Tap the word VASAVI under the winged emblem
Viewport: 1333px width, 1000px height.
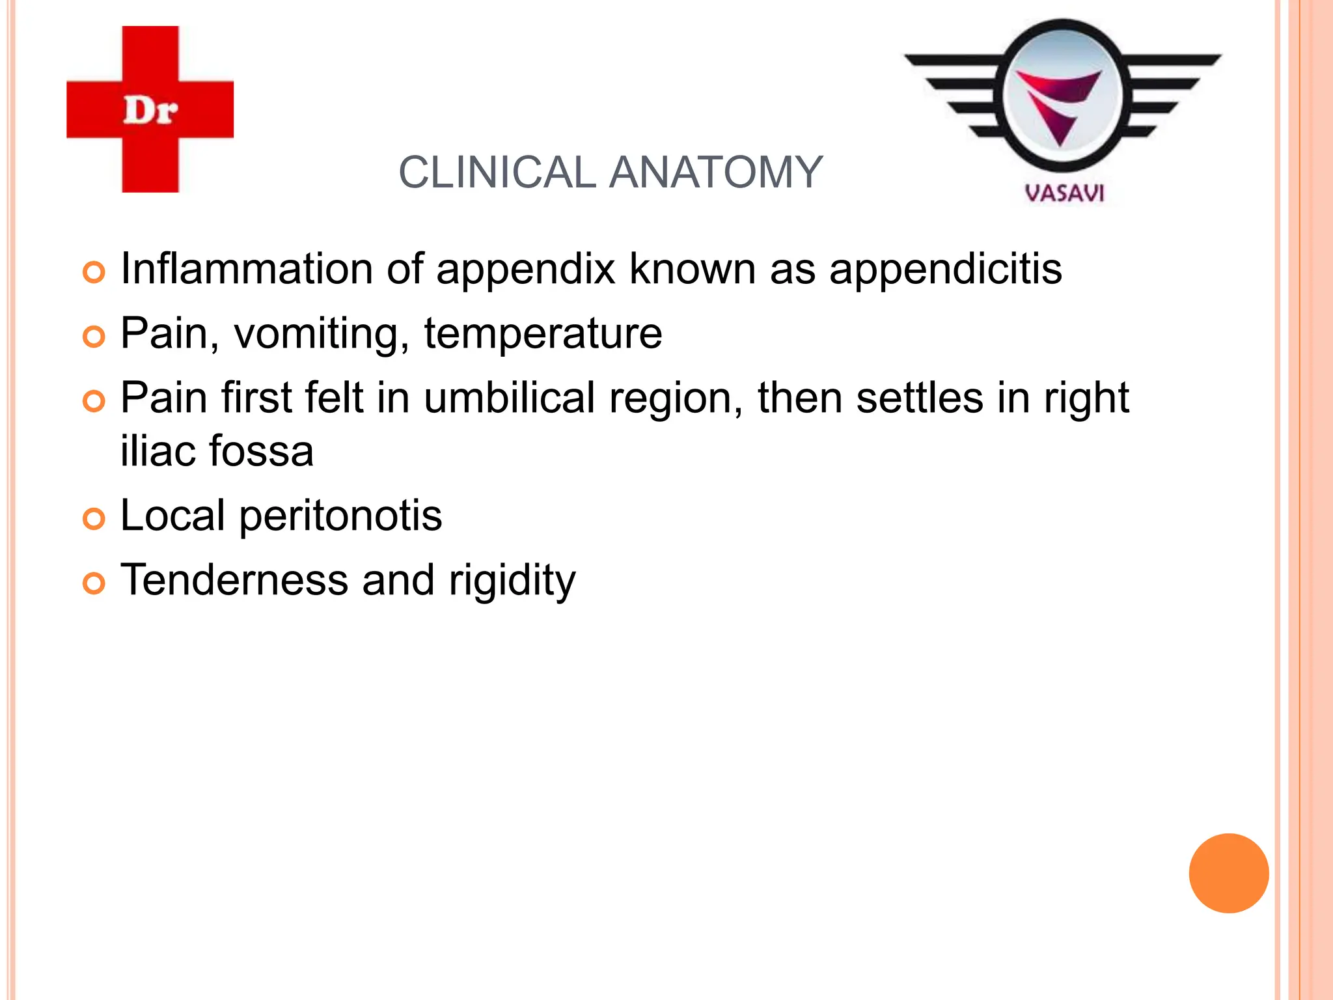(1064, 193)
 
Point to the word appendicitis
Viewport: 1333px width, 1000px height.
(945, 268)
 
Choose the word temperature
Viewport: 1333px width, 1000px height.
(543, 333)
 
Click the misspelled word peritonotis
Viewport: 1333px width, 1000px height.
(340, 515)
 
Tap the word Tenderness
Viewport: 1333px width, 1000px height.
(234, 579)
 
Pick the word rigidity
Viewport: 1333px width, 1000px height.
(512, 581)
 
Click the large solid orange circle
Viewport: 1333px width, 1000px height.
(1228, 873)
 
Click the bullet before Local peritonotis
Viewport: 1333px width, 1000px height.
(94, 519)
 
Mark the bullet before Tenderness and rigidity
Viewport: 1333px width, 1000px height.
(94, 583)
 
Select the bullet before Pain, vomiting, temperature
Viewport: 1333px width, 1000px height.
(94, 337)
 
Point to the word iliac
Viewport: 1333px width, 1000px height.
(158, 451)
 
